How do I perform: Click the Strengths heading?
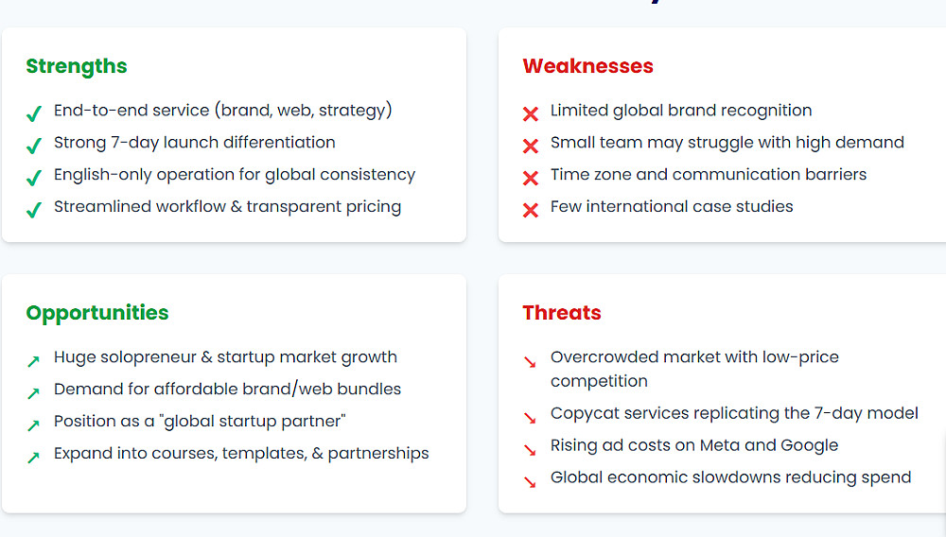point(77,66)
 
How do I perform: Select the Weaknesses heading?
point(587,65)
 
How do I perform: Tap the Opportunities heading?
point(97,313)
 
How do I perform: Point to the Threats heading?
point(562,313)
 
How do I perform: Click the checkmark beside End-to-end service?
point(34,113)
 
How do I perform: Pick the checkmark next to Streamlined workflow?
point(34,210)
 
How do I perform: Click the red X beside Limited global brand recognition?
point(531,113)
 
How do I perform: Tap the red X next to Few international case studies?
point(531,210)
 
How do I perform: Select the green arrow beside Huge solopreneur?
point(33,361)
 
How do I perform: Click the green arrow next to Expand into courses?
point(33,458)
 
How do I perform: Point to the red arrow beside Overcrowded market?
point(530,361)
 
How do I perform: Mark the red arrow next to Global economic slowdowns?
point(530,482)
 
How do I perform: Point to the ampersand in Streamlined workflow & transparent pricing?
point(236,207)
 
